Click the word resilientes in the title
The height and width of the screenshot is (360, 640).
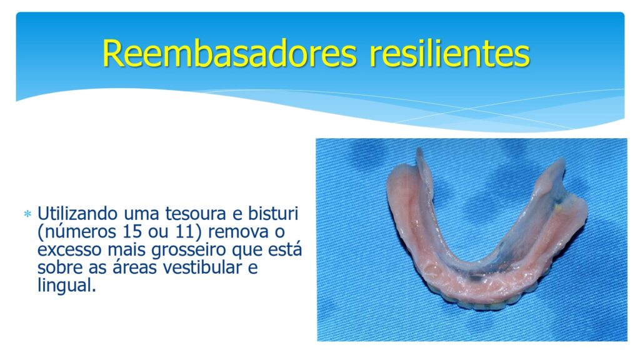[449, 54]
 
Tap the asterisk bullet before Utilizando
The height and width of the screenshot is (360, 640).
[27, 214]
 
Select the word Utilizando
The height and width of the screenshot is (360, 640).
[77, 214]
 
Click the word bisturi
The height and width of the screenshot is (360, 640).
[273, 213]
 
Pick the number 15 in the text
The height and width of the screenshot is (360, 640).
[132, 231]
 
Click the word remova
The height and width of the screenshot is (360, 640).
[238, 232]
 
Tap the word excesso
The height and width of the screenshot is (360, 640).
[70, 249]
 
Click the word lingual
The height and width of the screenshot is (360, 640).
[66, 286]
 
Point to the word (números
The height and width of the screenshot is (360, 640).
[77, 232]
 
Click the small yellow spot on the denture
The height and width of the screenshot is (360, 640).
[558, 207]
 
